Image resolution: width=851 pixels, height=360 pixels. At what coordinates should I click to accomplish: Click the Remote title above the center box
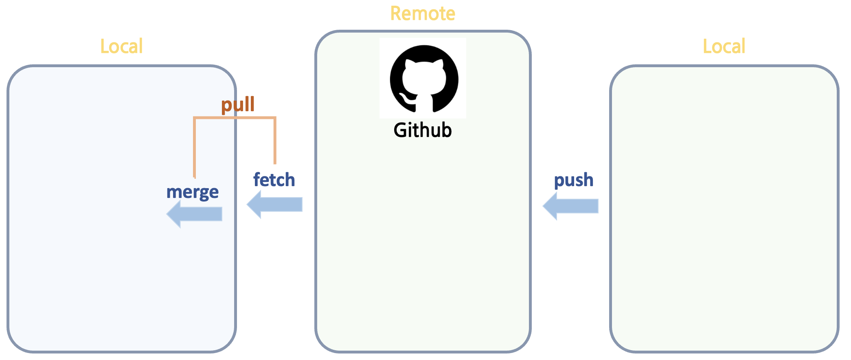[x=423, y=14]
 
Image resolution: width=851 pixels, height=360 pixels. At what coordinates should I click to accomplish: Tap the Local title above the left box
[x=121, y=46]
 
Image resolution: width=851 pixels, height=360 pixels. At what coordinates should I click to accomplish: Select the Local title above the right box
[x=724, y=46]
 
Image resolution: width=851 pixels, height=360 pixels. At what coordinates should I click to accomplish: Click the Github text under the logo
[x=423, y=130]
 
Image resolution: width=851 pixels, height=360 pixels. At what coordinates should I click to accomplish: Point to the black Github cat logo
[x=424, y=79]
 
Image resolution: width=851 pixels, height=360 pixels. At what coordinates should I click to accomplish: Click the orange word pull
[x=238, y=105]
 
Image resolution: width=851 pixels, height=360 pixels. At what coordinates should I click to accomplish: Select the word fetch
[x=274, y=180]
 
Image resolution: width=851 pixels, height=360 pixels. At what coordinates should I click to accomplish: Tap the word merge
[x=192, y=192]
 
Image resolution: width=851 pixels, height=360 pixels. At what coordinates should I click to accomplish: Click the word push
[x=574, y=180]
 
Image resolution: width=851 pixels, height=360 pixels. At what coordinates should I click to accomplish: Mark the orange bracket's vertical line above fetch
[x=275, y=140]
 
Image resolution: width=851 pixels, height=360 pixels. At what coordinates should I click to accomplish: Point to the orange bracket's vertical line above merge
[x=195, y=147]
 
